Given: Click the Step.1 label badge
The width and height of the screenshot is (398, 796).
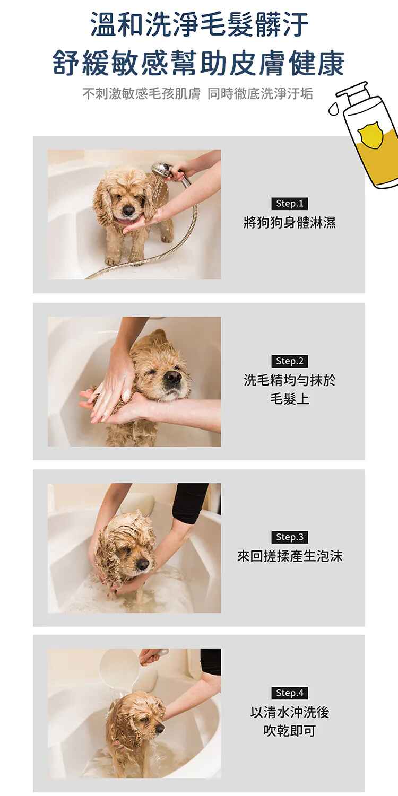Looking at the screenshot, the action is pos(290,204).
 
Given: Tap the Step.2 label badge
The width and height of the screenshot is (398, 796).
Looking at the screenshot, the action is pos(290,361).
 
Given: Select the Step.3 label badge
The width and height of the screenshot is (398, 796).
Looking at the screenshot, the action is pos(290,537).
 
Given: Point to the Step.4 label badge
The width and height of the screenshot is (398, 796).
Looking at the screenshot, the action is pos(290,693).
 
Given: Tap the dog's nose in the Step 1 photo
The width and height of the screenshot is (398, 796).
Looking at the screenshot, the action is pos(128,211).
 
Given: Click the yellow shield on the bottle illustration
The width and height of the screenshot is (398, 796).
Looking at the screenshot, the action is pos(370,135).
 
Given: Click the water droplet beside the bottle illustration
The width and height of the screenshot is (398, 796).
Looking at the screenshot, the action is pos(334,109).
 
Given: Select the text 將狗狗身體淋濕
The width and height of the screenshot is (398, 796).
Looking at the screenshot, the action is pos(290,223).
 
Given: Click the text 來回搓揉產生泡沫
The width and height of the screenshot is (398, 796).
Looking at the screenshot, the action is pos(290,556).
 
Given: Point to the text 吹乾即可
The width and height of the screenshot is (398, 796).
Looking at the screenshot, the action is pos(290,731).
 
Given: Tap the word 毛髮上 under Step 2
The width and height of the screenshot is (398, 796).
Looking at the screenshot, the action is pos(290,399).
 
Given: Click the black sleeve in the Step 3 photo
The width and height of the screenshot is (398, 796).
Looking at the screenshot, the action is pos(189,503).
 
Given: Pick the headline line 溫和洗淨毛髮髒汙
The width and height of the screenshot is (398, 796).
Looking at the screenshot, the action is pos(199,24).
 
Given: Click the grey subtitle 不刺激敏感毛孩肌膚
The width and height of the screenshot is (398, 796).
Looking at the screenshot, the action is pos(142,94).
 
